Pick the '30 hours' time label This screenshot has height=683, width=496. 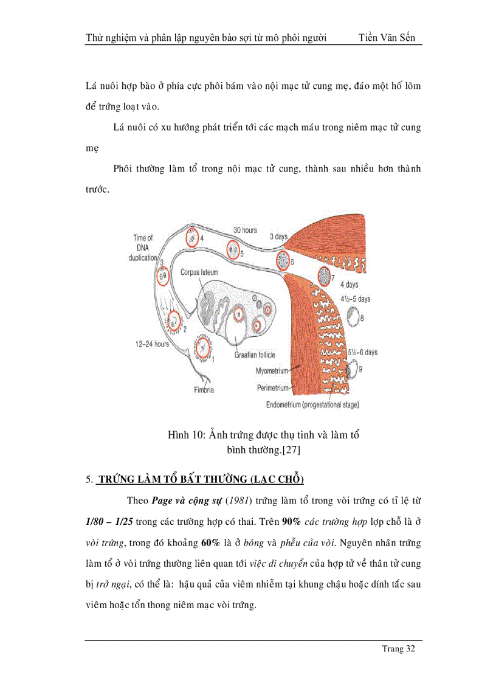point(245,231)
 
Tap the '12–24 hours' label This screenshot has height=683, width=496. point(151,344)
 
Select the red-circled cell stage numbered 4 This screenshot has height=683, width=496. point(193,237)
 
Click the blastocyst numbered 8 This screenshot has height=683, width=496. point(353,316)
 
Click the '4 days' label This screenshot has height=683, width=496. point(350,284)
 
